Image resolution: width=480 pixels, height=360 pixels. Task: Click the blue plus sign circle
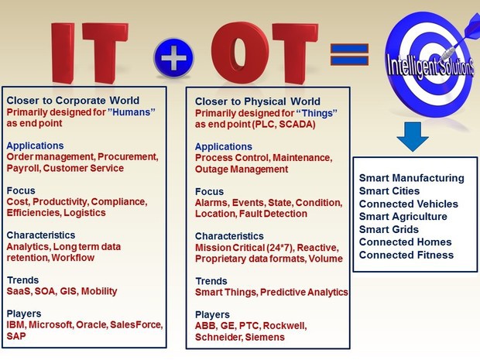point(173,57)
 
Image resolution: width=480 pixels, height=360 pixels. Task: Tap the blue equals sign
point(349,54)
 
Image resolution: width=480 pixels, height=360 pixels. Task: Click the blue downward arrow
point(413,136)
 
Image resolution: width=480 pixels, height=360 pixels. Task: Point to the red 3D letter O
point(241,53)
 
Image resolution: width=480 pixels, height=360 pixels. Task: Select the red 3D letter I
point(63,53)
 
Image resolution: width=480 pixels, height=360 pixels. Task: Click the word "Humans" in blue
point(132,112)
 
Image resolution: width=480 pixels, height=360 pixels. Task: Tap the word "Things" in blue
point(317,113)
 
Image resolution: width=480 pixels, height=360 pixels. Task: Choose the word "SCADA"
point(297,125)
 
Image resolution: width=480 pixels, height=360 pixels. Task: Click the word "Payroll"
point(23,168)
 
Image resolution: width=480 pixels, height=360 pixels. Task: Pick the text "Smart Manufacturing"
point(411,178)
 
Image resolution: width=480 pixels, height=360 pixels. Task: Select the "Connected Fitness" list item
point(406,255)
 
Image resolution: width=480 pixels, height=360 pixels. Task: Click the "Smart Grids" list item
point(389,229)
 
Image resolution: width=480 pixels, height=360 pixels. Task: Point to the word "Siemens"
point(265,337)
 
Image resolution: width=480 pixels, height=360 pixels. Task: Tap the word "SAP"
point(16,336)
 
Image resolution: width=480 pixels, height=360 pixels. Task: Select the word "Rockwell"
point(285,326)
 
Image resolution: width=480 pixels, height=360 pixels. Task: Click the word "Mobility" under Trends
point(99,291)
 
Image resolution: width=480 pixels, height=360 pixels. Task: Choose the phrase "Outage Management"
point(242,169)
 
